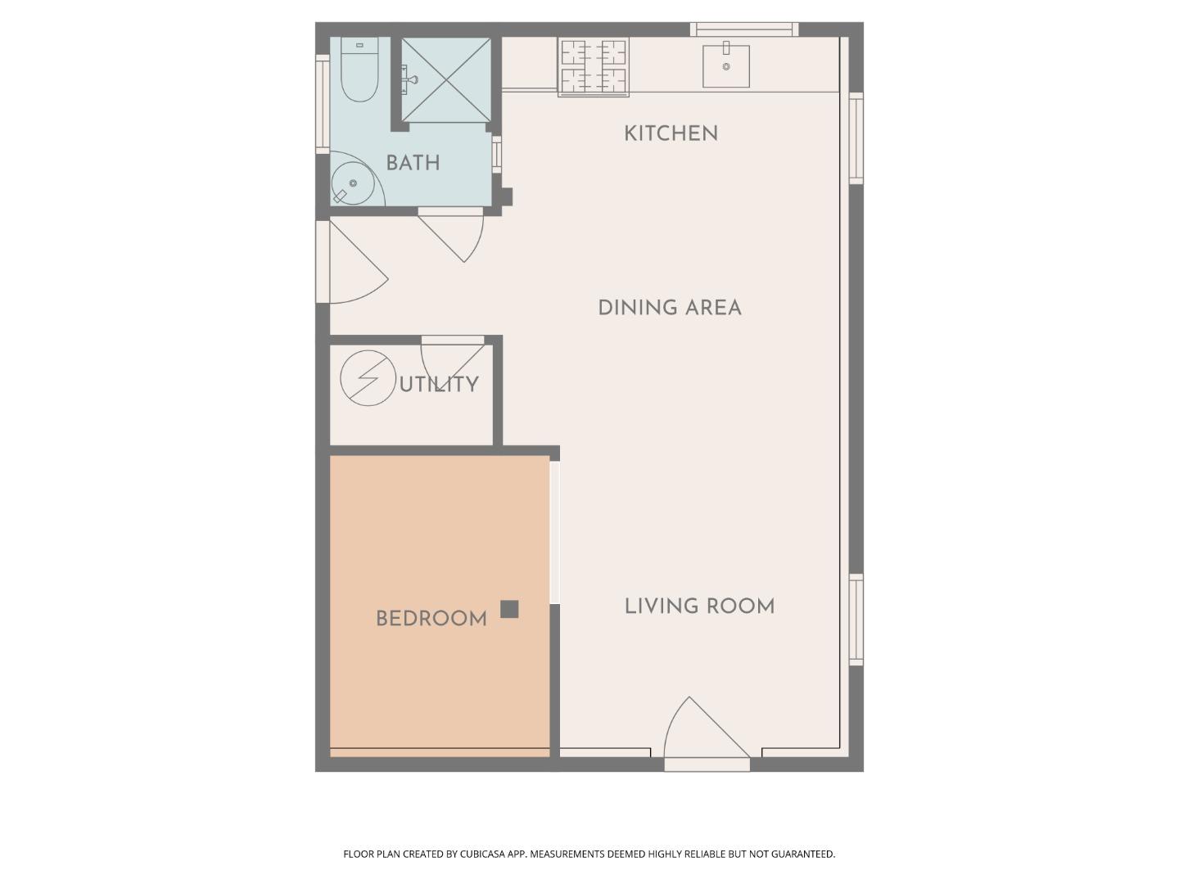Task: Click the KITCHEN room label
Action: pos(671,133)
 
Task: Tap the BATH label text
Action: pos(413,163)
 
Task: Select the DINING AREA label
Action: pos(669,308)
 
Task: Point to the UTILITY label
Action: pos(439,384)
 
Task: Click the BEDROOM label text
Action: pos(431,619)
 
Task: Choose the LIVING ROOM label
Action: pos(699,607)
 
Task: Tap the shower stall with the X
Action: pos(446,80)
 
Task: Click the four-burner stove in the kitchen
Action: pos(594,67)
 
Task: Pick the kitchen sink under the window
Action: pos(726,65)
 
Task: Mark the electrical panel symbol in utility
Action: pos(368,378)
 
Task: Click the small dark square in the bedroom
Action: pos(509,609)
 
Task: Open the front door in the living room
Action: pos(706,733)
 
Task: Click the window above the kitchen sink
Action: pos(743,29)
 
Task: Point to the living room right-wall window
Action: pos(856,619)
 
